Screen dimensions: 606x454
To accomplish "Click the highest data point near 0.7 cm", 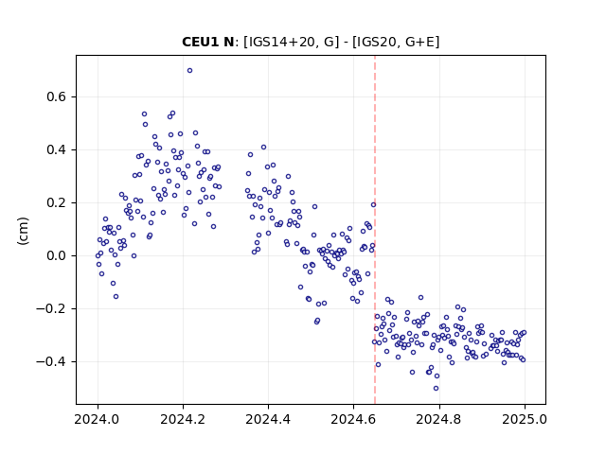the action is click(189, 71).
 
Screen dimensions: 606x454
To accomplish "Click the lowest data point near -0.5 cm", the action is click(436, 389).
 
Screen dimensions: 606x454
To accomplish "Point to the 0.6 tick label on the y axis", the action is click(56, 96).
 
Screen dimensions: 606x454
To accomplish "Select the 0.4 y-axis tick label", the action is click(56, 149).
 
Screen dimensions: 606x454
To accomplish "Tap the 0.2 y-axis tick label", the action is click(56, 202).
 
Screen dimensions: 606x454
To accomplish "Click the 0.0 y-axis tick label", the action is click(56, 255).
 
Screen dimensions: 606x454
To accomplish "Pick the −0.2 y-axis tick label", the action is click(51, 309).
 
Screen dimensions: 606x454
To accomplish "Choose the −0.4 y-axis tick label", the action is click(51, 361).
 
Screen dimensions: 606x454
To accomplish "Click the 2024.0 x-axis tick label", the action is click(98, 419).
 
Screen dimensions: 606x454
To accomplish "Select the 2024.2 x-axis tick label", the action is click(183, 419).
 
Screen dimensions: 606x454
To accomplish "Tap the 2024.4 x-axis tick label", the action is click(268, 419).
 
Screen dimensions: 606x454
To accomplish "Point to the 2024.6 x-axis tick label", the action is click(353, 419).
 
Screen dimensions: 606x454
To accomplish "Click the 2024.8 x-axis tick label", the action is click(438, 419).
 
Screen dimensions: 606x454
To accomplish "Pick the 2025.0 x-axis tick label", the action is click(525, 419).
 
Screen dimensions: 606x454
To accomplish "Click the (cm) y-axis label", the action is click(23, 231).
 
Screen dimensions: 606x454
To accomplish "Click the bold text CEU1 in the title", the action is click(201, 42).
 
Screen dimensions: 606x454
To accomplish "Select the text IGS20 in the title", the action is click(378, 42).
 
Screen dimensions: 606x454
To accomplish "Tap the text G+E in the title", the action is click(420, 42).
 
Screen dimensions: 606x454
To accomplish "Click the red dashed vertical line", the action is click(375, 230).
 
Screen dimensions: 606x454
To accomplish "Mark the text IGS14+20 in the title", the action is click(282, 42).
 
